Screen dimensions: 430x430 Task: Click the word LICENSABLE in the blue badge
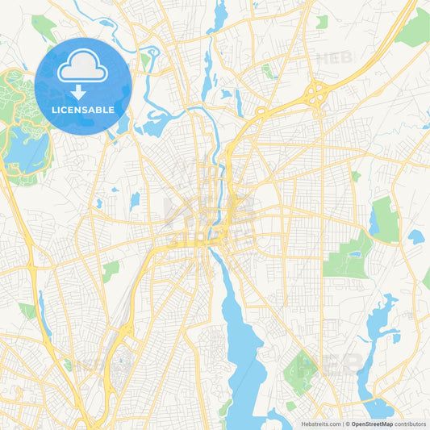[x=83, y=109]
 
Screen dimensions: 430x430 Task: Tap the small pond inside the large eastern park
[x=354, y=254]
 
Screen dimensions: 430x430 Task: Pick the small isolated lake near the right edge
[x=415, y=237]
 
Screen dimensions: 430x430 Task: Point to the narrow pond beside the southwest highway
[x=43, y=311]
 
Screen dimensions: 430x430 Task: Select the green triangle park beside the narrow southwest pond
[x=28, y=310]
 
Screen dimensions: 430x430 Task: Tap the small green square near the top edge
[x=322, y=22]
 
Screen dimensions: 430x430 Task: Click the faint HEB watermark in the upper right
[x=331, y=58]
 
